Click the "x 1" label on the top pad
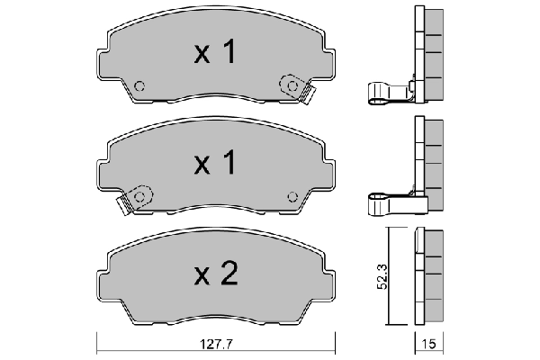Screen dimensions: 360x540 pyautogui.click(x=215, y=54)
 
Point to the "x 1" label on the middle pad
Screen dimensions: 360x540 pyautogui.click(x=215, y=165)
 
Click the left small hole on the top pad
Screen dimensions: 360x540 pyautogui.click(x=139, y=87)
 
